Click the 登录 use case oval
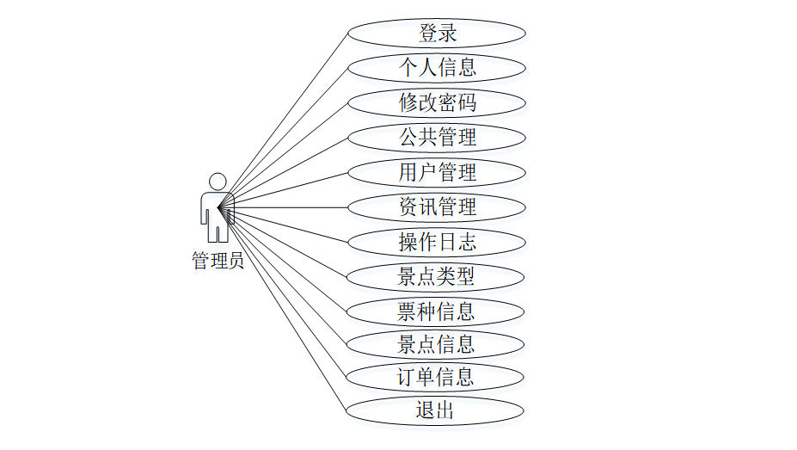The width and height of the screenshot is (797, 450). point(437,34)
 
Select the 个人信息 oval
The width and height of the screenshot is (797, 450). point(437,68)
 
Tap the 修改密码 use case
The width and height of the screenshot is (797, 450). point(437,102)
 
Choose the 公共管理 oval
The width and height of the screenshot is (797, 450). point(437,138)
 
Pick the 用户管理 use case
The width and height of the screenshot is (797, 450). point(437,172)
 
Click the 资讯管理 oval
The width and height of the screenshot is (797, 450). point(437,207)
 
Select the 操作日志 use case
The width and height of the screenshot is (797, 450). point(437,242)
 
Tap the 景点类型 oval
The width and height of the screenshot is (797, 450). point(437,276)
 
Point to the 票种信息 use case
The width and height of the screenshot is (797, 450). point(437,311)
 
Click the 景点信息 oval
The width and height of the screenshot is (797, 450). point(437,344)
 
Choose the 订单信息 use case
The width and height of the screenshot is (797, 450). point(437,377)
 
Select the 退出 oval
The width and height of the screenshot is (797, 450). point(437,410)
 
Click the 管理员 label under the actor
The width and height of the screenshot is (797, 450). point(218,261)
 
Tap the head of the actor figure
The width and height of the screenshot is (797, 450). point(218,182)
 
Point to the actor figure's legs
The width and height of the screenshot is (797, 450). point(218,231)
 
